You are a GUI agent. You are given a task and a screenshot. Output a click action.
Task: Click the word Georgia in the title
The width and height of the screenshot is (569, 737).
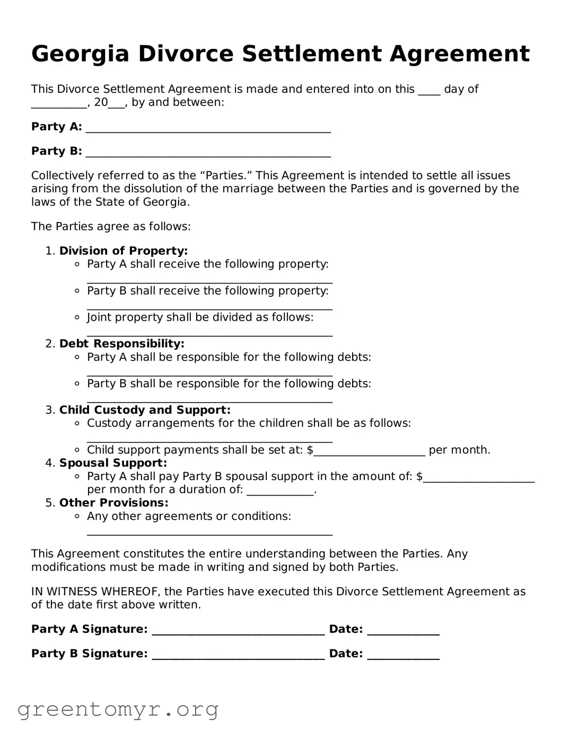[x=80, y=54]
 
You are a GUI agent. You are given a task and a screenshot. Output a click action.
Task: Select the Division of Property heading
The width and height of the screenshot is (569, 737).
[x=123, y=251]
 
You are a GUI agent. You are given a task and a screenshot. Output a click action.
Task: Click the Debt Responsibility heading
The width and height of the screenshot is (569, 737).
[x=121, y=344]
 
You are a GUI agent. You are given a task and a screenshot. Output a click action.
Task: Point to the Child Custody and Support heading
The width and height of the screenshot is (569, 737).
[x=145, y=410]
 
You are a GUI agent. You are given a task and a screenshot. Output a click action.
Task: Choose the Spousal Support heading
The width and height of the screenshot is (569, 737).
[x=113, y=463]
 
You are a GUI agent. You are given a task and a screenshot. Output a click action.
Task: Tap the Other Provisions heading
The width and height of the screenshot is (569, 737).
[x=113, y=503]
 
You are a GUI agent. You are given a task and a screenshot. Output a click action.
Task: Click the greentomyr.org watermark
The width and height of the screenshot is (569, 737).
[x=118, y=709]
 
